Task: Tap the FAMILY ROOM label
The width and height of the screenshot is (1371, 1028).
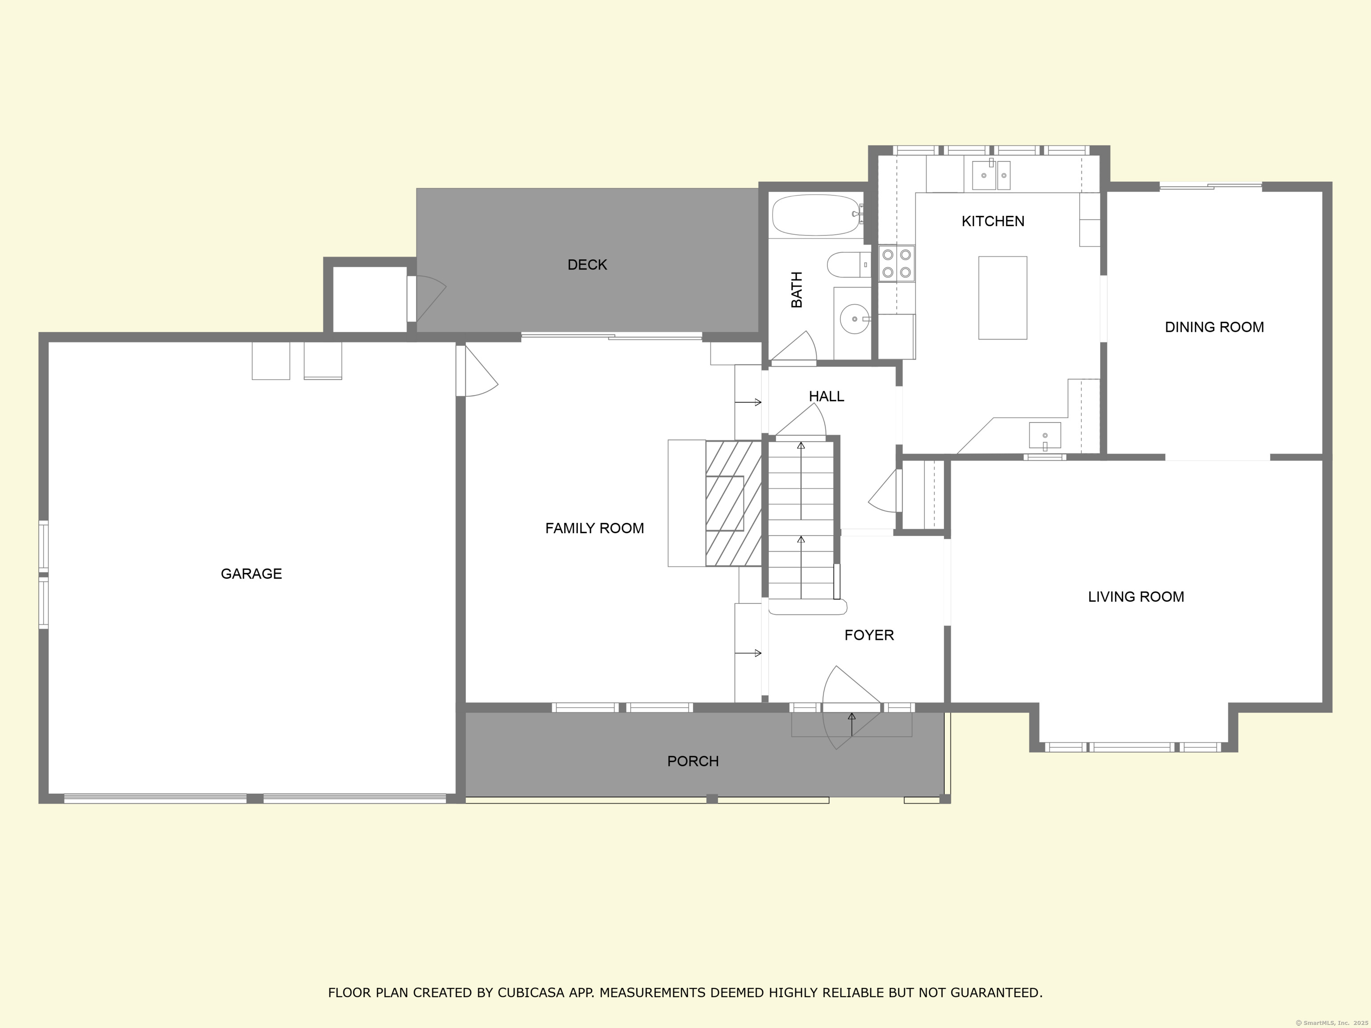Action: [x=594, y=528]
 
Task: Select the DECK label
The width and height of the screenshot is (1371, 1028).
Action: [x=587, y=265]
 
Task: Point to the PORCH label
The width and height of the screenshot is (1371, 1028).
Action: [x=693, y=761]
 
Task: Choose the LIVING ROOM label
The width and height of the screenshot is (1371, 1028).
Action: [x=1136, y=596]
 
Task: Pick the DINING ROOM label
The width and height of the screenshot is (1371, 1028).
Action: [x=1214, y=327]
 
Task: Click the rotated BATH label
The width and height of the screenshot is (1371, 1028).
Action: [x=797, y=290]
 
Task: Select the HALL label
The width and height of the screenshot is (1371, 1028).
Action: [x=826, y=396]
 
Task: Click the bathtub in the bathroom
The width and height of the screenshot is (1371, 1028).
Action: [x=817, y=215]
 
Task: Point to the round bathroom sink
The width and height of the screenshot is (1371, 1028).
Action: [x=855, y=319]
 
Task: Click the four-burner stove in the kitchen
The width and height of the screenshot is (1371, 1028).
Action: [x=896, y=263]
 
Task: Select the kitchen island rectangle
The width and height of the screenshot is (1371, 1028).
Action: [x=1002, y=298]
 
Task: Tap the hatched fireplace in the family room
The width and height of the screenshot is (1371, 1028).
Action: [x=733, y=503]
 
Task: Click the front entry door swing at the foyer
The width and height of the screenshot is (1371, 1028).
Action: [x=851, y=708]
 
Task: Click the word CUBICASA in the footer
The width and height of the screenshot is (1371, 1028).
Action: [x=531, y=993]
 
